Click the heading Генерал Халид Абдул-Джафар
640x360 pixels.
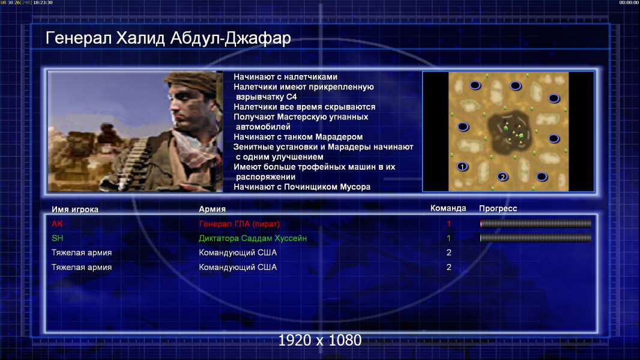tap(168, 38)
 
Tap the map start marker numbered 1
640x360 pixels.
tap(462, 166)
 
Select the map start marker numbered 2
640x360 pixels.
tap(503, 176)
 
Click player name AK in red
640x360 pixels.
tap(57, 223)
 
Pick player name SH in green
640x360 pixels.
tap(57, 238)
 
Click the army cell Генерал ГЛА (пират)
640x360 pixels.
tap(239, 224)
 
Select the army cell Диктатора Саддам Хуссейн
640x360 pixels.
tap(253, 238)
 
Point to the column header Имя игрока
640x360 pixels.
tap(74, 209)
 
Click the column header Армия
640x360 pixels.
tap(213, 209)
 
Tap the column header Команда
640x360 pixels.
tap(448, 208)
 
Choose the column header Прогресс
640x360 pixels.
tap(498, 208)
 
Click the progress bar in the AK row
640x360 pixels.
tap(536, 223)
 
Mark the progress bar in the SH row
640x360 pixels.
tap(536, 238)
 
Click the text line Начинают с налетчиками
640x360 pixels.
tap(285, 77)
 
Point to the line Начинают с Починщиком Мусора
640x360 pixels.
tap(302, 187)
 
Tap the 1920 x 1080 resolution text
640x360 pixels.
tap(319, 340)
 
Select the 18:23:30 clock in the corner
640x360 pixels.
tap(43, 2)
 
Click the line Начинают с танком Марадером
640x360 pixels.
tap(298, 137)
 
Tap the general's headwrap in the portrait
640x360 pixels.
tap(193, 82)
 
